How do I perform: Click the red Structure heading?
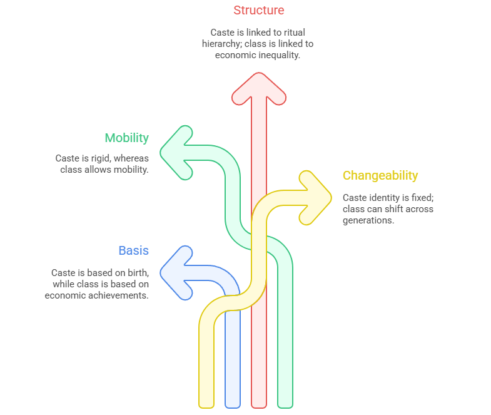(x=258, y=10)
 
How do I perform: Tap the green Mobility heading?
(x=126, y=138)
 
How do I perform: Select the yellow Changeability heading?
(x=380, y=175)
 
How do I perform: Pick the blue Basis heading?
(x=134, y=250)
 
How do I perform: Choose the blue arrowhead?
(x=176, y=272)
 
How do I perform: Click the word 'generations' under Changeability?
(x=368, y=220)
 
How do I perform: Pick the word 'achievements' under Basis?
(x=119, y=295)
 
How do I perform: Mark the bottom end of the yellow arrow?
(x=206, y=404)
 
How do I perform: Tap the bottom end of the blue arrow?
(x=233, y=404)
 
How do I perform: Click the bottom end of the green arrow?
(x=285, y=404)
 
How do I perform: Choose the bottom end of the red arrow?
(x=259, y=404)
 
